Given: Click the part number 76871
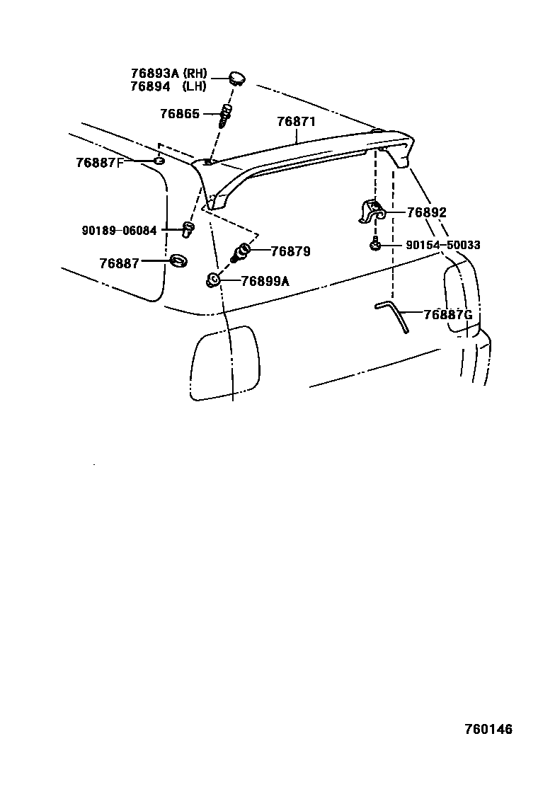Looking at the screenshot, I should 296,122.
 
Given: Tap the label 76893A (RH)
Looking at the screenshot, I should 168,74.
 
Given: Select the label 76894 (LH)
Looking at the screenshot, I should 168,86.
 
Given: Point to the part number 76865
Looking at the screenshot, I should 180,113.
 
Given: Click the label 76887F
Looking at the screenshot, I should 100,162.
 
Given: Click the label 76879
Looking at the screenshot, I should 291,251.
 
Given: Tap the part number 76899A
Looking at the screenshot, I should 265,281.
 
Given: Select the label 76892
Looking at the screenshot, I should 427,212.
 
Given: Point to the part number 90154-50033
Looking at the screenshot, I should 443,245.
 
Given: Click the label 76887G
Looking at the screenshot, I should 447,314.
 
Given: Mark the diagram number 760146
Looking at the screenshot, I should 488,730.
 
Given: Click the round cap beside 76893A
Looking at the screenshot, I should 236,76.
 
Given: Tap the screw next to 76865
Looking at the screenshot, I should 226,115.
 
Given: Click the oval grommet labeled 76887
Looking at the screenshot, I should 179,261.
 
